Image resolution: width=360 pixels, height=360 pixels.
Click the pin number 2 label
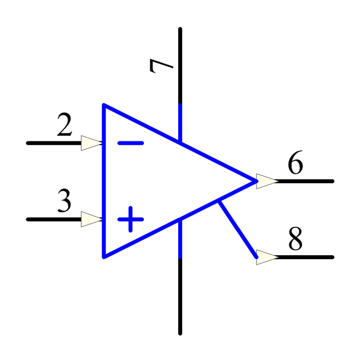(64, 124)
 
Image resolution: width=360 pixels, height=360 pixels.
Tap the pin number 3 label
(64, 200)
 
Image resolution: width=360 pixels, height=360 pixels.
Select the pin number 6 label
(296, 162)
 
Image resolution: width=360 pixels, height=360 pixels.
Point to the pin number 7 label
(161, 66)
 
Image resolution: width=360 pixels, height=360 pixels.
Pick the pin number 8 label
(296, 238)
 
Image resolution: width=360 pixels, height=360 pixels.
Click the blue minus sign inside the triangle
(130, 143)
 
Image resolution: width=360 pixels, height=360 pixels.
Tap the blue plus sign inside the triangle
(130, 219)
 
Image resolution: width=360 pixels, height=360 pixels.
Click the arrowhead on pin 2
(92, 143)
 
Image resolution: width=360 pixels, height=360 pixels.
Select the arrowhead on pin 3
(92, 219)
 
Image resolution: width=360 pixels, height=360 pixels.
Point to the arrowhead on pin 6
(267, 181)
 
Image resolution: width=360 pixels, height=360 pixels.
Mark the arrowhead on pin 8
(267, 257)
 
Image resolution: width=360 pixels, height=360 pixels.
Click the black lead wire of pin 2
(54, 143)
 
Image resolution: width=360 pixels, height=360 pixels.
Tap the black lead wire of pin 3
(54, 219)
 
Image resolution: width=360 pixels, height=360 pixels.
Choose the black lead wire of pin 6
(306, 181)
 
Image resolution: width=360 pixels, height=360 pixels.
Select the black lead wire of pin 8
(306, 257)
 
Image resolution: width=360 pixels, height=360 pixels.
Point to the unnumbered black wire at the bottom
(180, 296)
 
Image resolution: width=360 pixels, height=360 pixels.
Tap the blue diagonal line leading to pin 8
(238, 229)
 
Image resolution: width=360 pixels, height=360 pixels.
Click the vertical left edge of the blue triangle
(104, 181)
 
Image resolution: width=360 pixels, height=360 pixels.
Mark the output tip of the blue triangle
(257, 181)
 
